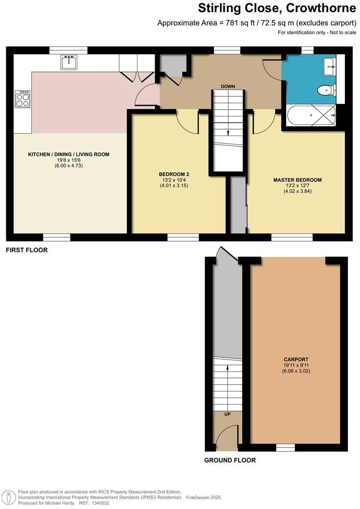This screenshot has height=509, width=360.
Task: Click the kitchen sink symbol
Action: [x=69, y=62]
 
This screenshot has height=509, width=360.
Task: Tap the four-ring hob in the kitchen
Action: [x=23, y=100]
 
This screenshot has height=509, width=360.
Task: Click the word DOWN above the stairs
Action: [x=228, y=87]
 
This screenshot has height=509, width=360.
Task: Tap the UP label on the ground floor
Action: [x=227, y=414]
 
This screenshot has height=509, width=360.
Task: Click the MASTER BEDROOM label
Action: [x=297, y=180]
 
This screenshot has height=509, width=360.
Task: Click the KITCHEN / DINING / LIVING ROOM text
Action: [x=68, y=154]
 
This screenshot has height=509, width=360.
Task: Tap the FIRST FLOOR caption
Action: [x=26, y=250]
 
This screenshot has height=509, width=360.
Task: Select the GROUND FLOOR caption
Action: [x=230, y=460]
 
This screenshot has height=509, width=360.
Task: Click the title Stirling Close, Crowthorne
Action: [x=277, y=8]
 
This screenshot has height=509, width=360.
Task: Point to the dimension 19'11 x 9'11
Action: [x=297, y=365]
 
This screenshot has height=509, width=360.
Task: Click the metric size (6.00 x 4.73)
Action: [x=68, y=166]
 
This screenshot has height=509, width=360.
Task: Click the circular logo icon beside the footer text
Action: [x=9, y=496]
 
